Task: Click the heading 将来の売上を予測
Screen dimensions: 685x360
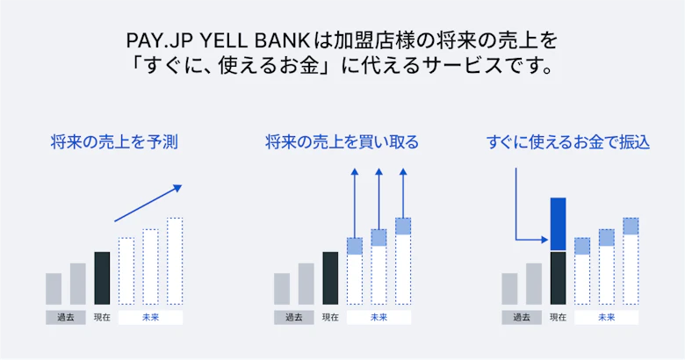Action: [x=114, y=142]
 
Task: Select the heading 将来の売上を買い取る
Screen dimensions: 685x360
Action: [x=342, y=142]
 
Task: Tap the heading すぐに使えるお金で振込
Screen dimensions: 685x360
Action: [x=568, y=142]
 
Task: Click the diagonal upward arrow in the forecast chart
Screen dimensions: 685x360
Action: [x=148, y=203]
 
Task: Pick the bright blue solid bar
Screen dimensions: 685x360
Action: [x=558, y=224]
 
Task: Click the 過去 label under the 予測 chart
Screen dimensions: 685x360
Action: [x=66, y=318]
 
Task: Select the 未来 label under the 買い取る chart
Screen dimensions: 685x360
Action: [x=379, y=318]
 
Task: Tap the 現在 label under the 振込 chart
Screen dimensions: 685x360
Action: [x=558, y=318]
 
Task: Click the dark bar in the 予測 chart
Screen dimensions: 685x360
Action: [x=102, y=278]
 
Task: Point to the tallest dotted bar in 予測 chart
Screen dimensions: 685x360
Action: [x=175, y=261]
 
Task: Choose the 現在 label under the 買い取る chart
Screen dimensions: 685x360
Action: [x=330, y=318]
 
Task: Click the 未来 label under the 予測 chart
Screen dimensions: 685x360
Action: [x=151, y=318]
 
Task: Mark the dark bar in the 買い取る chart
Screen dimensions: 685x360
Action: [x=330, y=278]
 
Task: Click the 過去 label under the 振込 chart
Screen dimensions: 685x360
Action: [x=522, y=318]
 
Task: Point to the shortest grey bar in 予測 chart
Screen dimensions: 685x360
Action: [x=54, y=289]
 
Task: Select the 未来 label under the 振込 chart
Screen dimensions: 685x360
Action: [x=606, y=318]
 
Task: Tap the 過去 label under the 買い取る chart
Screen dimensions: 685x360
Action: [x=294, y=318]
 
